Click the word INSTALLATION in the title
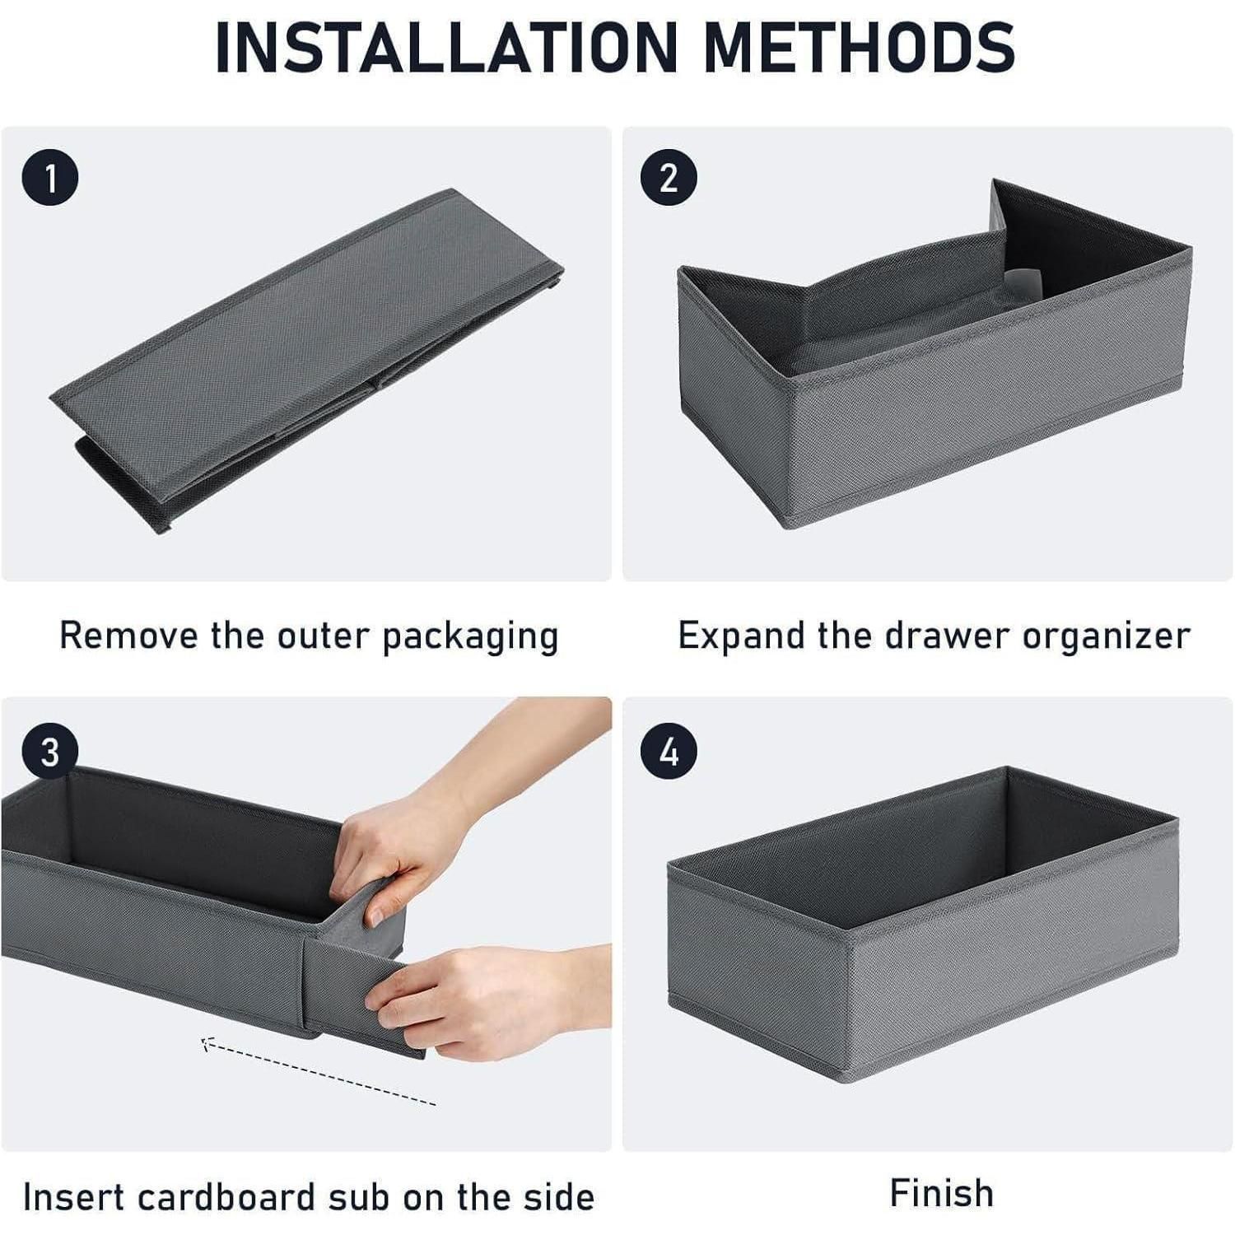tap(445, 47)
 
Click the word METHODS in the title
tap(860, 47)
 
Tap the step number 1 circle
tap(51, 178)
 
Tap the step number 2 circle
tap(669, 178)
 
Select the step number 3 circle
tap(50, 752)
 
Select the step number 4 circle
tap(669, 752)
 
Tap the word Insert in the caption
tap(74, 1196)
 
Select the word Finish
tap(942, 1193)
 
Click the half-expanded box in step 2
tap(934, 354)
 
